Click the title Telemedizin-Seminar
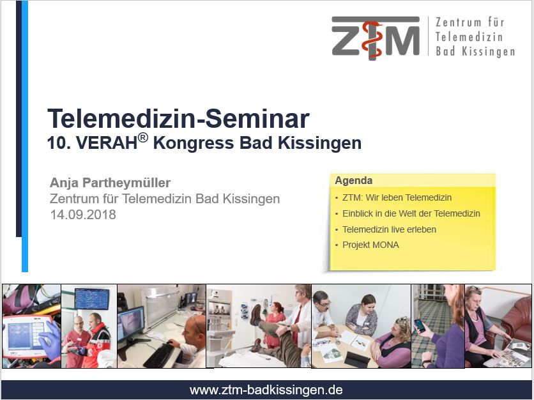tap(178, 119)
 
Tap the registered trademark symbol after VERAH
tap(143, 137)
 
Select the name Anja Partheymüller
tap(110, 183)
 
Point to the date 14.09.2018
tap(83, 215)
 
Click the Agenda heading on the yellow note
tap(353, 180)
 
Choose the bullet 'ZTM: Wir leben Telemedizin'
tap(397, 197)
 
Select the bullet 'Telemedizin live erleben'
tap(389, 229)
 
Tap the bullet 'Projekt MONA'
tap(370, 245)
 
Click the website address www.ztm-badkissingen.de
tap(266, 390)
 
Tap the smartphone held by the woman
tap(420, 325)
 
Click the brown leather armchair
tap(516, 324)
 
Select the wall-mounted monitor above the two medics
tap(91, 299)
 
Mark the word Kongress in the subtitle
tap(193, 143)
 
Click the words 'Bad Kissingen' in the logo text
tap(475, 52)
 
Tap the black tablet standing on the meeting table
tap(356, 358)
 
